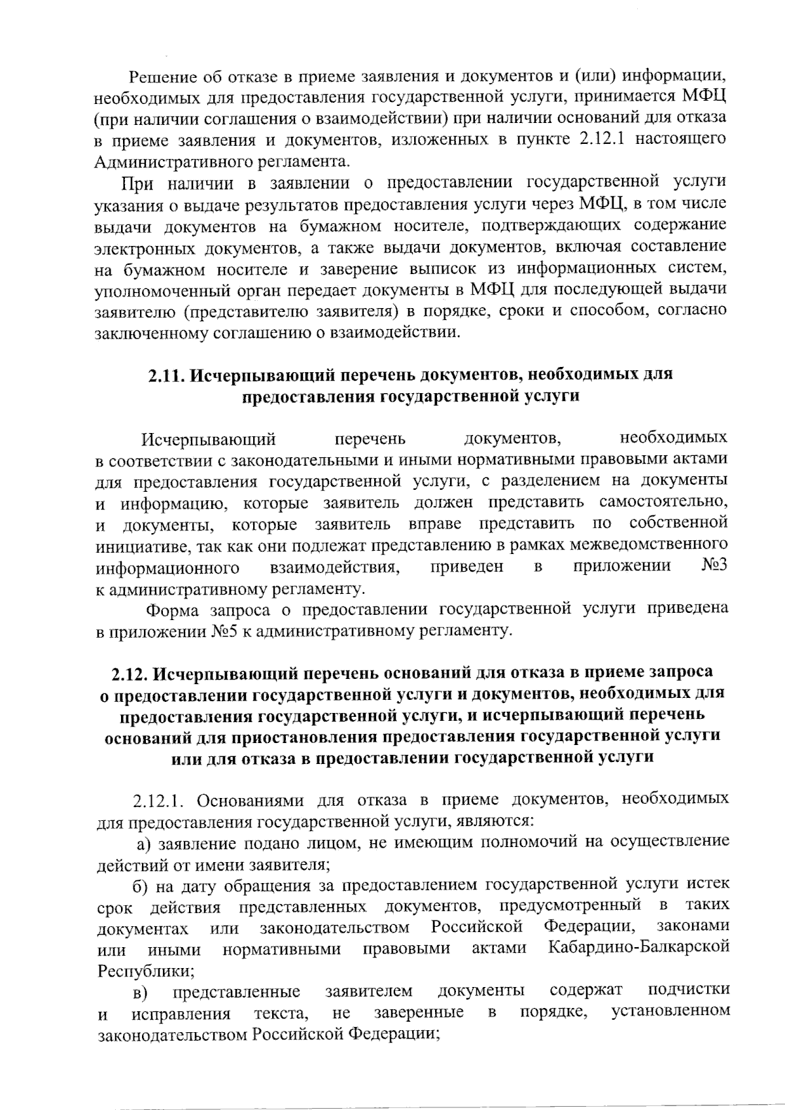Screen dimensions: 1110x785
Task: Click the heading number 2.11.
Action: click(x=167, y=375)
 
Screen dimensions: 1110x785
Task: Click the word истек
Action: click(x=708, y=884)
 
